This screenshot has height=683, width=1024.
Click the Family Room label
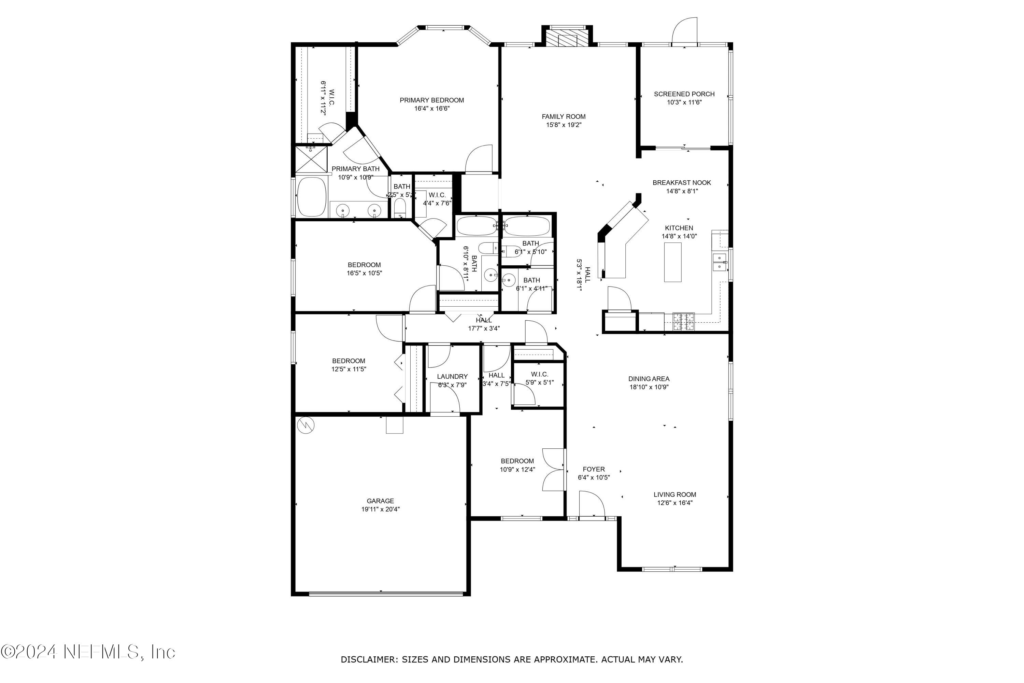pyautogui.click(x=564, y=116)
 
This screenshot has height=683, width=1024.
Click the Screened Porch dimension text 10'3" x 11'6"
pyautogui.click(x=684, y=102)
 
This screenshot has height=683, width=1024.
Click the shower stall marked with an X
pyautogui.click(x=311, y=159)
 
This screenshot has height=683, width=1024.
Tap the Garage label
pyautogui.click(x=380, y=501)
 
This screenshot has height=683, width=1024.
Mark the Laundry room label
pyautogui.click(x=452, y=376)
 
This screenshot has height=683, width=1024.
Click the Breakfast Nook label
pyautogui.click(x=681, y=182)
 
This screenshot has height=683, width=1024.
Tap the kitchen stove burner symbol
pyautogui.click(x=684, y=321)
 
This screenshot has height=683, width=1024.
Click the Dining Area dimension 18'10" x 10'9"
pyautogui.click(x=649, y=387)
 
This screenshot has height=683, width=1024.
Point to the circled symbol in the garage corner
pyautogui.click(x=305, y=425)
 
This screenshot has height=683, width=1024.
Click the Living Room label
pyautogui.click(x=674, y=494)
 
